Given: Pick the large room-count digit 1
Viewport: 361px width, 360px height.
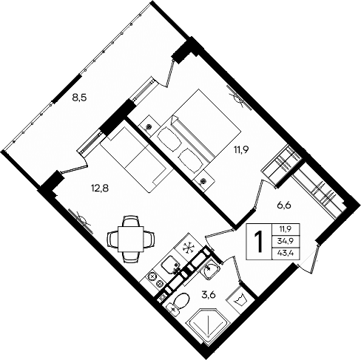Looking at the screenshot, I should click(x=260, y=241).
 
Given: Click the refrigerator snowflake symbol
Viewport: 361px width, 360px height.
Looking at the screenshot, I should click(x=189, y=248).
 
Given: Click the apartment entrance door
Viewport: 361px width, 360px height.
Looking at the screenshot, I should click(x=315, y=254).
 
